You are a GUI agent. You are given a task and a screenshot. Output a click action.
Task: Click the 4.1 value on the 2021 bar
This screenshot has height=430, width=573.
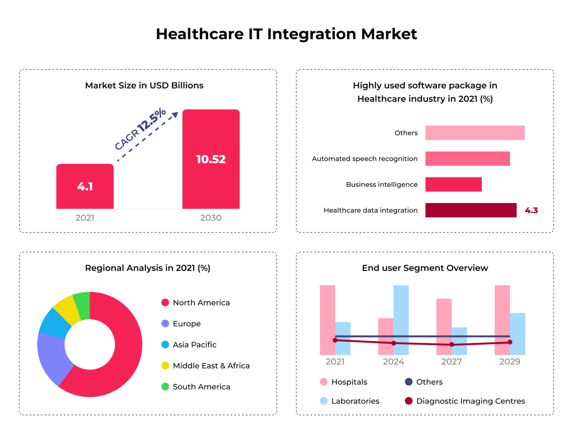tap(85, 186)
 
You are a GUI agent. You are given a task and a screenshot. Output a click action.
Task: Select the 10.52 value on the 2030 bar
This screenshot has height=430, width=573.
tap(211, 159)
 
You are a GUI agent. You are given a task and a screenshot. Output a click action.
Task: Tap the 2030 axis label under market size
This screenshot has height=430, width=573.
tap(211, 218)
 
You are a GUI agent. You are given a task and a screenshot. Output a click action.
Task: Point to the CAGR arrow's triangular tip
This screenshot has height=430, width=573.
tap(175, 115)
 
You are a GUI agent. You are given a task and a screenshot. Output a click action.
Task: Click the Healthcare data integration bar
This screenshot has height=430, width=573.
tap(471, 210)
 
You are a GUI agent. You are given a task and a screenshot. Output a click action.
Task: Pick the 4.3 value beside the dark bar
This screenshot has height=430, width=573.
tap(531, 211)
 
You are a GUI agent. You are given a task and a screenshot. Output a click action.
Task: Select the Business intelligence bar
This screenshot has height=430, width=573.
tap(453, 184)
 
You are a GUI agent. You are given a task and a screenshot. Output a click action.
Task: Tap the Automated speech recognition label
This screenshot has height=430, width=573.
tap(364, 159)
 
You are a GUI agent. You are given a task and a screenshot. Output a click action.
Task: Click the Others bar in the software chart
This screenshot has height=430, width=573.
tap(475, 133)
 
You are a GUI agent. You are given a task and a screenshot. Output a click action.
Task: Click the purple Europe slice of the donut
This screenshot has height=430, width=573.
tap(53, 356)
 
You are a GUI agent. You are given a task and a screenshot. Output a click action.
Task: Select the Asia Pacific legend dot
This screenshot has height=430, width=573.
tap(165, 345)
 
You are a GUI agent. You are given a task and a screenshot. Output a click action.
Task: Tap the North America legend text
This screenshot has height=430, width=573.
tap(201, 303)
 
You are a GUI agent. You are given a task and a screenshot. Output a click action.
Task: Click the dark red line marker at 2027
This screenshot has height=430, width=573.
tap(452, 345)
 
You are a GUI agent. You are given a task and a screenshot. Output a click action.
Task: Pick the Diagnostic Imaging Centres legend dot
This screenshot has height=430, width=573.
tap(408, 401)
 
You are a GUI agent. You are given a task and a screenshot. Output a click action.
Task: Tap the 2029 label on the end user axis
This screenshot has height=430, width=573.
tap(510, 362)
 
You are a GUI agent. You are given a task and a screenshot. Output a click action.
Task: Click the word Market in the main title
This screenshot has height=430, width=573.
tap(389, 34)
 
